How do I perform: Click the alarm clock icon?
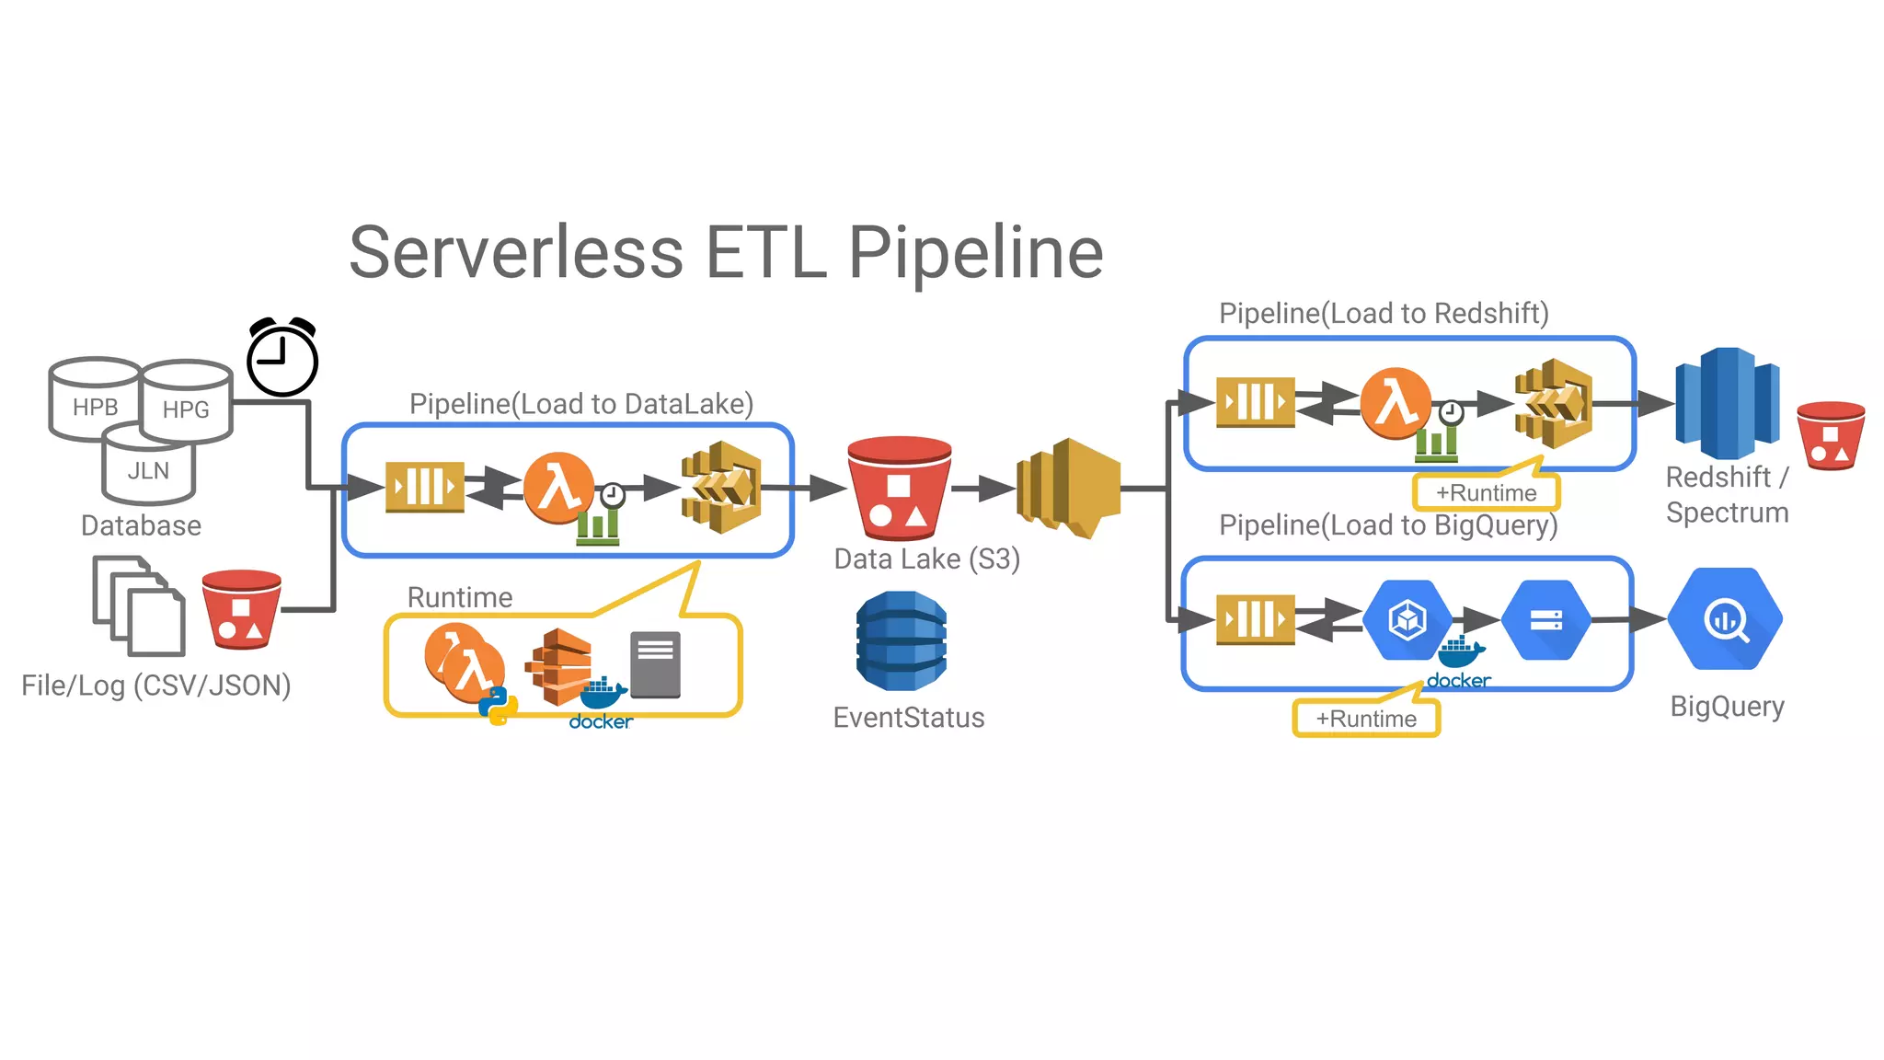282,358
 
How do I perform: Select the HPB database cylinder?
95,400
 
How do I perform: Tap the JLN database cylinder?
148,470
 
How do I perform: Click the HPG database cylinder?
187,404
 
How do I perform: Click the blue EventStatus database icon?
901,641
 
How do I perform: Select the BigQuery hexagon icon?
1726,619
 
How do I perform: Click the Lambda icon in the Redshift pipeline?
1396,403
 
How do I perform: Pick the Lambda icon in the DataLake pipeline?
558,488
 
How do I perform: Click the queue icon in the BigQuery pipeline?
1255,619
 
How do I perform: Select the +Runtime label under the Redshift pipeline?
1486,493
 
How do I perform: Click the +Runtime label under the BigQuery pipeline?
1366,719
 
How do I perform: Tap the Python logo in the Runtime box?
498,706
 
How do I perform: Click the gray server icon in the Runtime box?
655,664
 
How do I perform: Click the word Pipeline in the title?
974,253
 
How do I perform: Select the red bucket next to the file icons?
241,609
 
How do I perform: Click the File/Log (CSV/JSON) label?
156,686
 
